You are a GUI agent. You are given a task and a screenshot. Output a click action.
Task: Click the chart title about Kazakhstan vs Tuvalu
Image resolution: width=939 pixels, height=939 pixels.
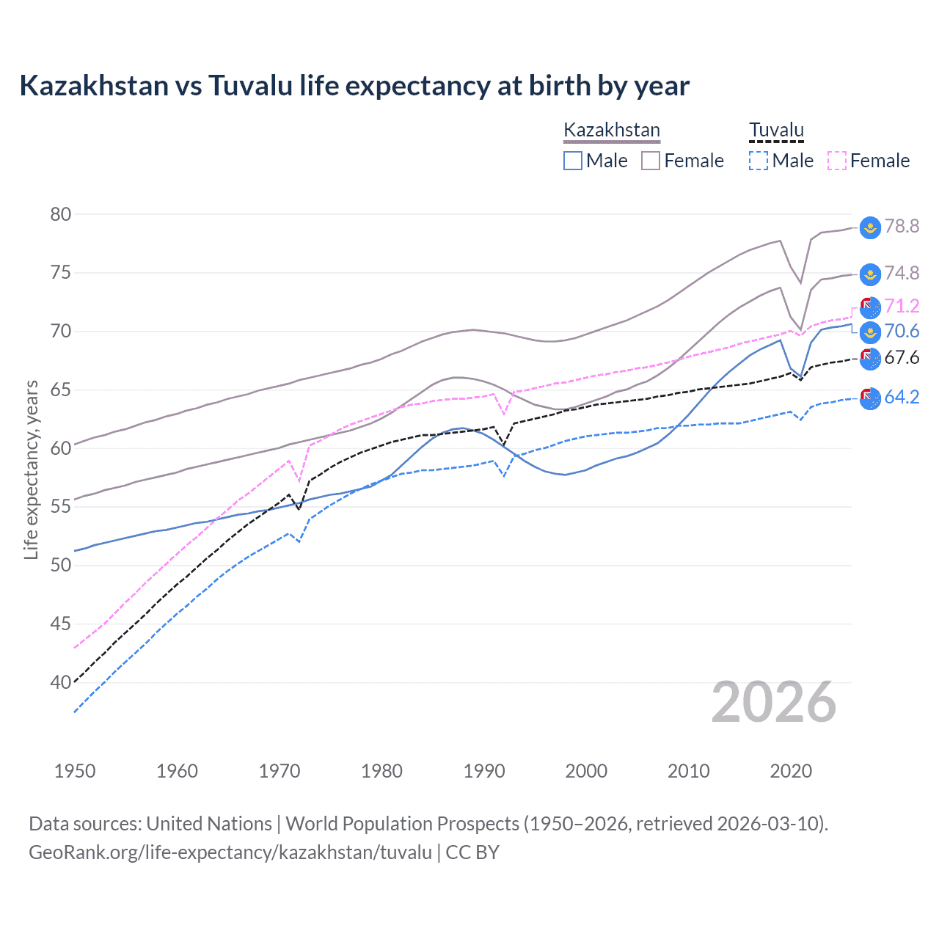pos(354,86)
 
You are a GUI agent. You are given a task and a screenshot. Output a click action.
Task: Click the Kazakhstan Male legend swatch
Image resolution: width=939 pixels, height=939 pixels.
pos(573,161)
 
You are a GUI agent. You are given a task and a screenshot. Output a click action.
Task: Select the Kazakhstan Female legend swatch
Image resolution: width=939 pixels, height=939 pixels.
pos(651,161)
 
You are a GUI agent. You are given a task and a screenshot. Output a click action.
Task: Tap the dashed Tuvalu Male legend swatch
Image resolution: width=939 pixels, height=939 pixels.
pos(759,161)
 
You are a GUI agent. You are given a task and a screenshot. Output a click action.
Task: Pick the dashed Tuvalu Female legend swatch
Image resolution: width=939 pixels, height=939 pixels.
pos(837,161)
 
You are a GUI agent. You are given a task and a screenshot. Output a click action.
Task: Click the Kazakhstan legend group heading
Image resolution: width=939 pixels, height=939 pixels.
pos(612,130)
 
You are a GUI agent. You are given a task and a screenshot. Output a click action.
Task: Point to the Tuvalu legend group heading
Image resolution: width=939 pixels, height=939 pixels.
pos(776,130)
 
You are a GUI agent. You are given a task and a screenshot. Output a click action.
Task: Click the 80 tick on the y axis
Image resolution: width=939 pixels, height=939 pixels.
pos(61,214)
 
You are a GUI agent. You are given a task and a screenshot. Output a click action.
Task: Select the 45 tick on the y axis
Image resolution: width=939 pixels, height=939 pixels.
pos(61,624)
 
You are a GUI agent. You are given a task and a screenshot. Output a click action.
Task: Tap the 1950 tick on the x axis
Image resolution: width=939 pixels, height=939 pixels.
pos(75,771)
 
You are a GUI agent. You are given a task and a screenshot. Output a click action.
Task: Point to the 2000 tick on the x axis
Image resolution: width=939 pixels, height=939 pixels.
pos(586,771)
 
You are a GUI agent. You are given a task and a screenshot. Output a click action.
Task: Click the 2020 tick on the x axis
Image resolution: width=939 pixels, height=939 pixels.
pos(791,771)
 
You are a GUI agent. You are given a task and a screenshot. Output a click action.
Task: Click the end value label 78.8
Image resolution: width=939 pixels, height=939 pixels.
pos(902,226)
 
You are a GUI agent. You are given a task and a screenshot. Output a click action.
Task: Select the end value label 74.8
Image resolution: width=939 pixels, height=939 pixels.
pos(902,273)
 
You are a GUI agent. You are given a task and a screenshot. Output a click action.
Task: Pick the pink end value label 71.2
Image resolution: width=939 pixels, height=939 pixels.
pos(902,306)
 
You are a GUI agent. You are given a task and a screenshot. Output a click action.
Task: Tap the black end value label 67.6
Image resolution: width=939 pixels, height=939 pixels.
pos(902,357)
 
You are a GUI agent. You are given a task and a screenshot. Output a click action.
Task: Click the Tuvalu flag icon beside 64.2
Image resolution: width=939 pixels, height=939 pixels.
pos(870,398)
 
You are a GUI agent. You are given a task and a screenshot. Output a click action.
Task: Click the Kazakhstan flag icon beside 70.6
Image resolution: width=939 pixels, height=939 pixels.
pos(870,332)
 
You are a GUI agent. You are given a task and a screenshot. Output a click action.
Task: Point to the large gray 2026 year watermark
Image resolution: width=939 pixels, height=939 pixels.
pos(774,702)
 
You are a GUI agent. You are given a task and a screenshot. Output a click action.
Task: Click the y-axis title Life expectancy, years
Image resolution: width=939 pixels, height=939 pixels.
pos(32,469)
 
